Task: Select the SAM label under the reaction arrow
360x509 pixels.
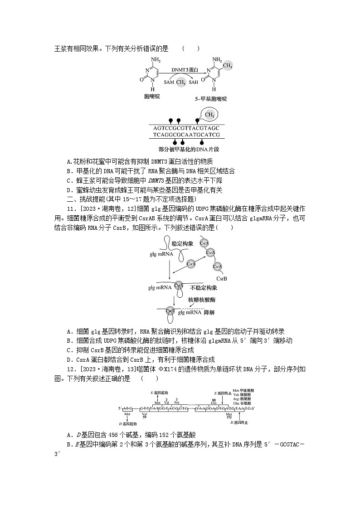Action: (169, 82)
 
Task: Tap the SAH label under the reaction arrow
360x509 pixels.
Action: (194, 82)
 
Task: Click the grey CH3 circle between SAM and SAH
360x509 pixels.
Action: (181, 82)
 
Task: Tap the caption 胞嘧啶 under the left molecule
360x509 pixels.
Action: (152, 97)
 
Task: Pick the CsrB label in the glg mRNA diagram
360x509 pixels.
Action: (222, 278)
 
